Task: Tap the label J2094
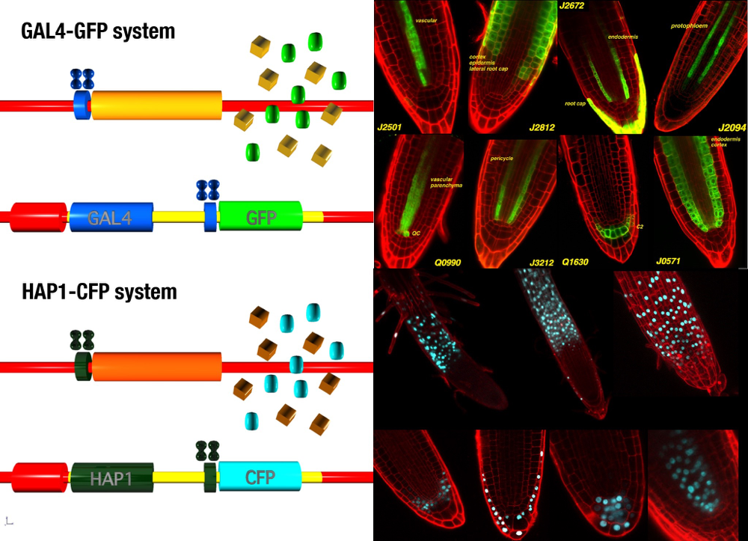[732, 128]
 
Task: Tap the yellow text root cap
[575, 103]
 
